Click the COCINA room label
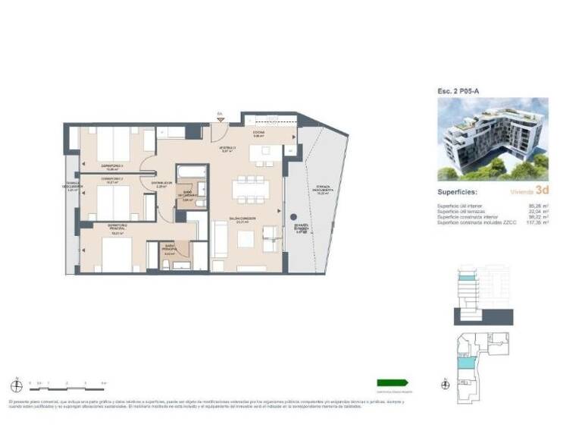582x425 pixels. [x=258, y=131]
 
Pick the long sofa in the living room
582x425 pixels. [x=220, y=241]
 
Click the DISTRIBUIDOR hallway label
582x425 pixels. [x=161, y=184]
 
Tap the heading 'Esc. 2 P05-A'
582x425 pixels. [x=458, y=91]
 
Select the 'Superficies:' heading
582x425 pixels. [x=458, y=192]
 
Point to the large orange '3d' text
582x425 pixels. [x=542, y=191]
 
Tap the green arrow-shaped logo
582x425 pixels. [x=393, y=382]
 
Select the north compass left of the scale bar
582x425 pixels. [x=15, y=382]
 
